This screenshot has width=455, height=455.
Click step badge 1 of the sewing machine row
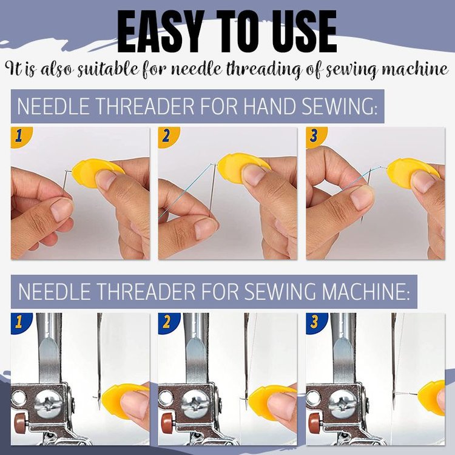tap(18, 322)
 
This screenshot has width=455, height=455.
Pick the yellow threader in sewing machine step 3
tap(434, 397)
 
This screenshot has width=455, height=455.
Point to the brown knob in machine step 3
tap(314, 422)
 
